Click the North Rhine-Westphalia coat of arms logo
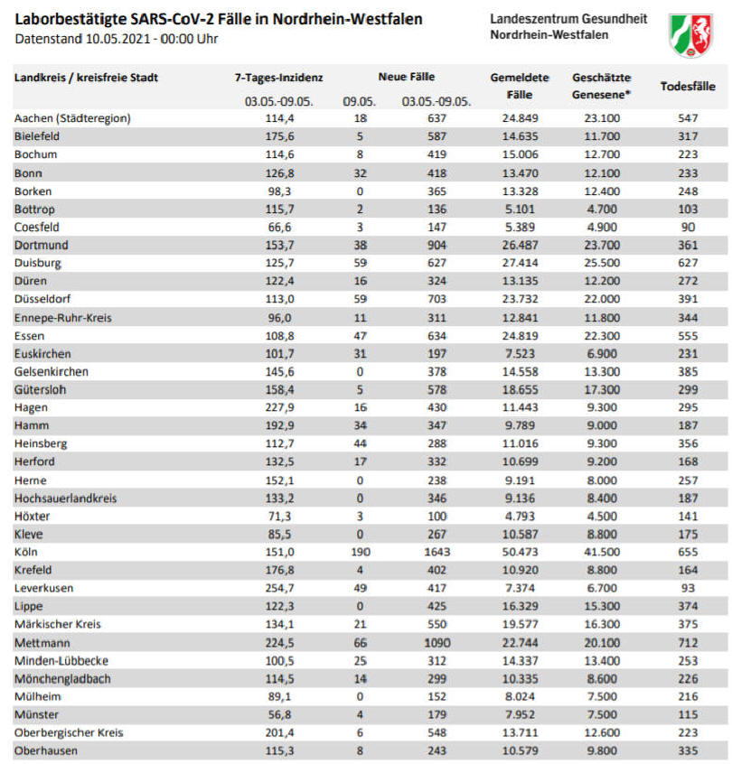click(x=691, y=35)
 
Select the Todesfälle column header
click(x=688, y=86)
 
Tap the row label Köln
click(x=26, y=552)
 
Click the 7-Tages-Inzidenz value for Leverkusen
click(x=279, y=588)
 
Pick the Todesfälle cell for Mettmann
click(x=688, y=643)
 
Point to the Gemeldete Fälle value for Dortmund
click(x=520, y=245)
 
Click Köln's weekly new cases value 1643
click(x=437, y=552)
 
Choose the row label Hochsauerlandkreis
click(x=65, y=498)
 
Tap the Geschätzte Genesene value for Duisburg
click(x=602, y=263)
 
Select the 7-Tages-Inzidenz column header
click(x=278, y=78)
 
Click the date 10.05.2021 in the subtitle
click(x=117, y=39)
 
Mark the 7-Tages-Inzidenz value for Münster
click(x=279, y=715)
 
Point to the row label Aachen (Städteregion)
click(x=72, y=118)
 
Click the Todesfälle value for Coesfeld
click(x=688, y=227)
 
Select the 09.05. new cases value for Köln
click(x=360, y=552)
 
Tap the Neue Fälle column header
click(x=407, y=77)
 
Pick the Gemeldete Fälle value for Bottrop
click(x=520, y=210)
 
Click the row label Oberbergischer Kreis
click(x=69, y=732)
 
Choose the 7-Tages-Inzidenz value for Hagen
click(x=279, y=407)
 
